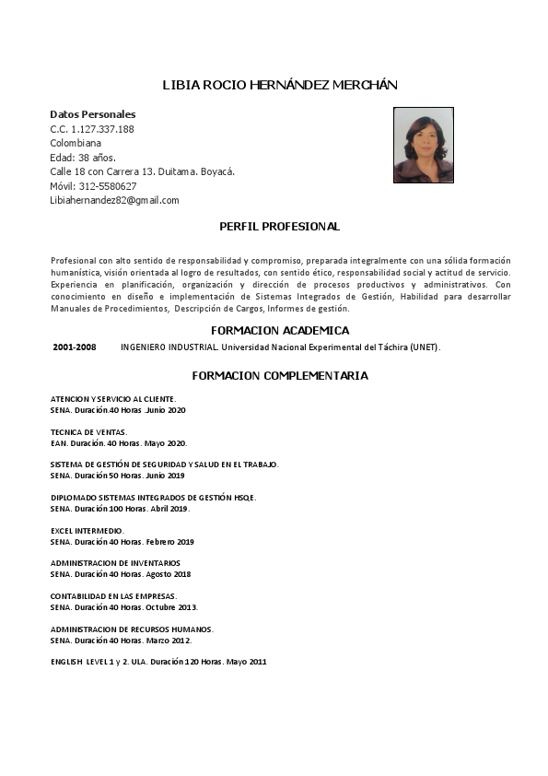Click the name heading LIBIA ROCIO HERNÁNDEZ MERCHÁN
pos(279,85)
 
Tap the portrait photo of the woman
pos(423,145)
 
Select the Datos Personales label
pos(92,114)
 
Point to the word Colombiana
pos(76,143)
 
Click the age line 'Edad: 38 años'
pos(82,158)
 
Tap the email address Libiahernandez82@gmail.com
pos(114,200)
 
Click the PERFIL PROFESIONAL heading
pos(279,226)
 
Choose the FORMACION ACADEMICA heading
pos(279,330)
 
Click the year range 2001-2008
pos(75,347)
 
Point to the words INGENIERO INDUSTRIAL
pos(169,347)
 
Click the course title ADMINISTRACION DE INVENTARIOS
pos(115,563)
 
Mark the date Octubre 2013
pos(171,607)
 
